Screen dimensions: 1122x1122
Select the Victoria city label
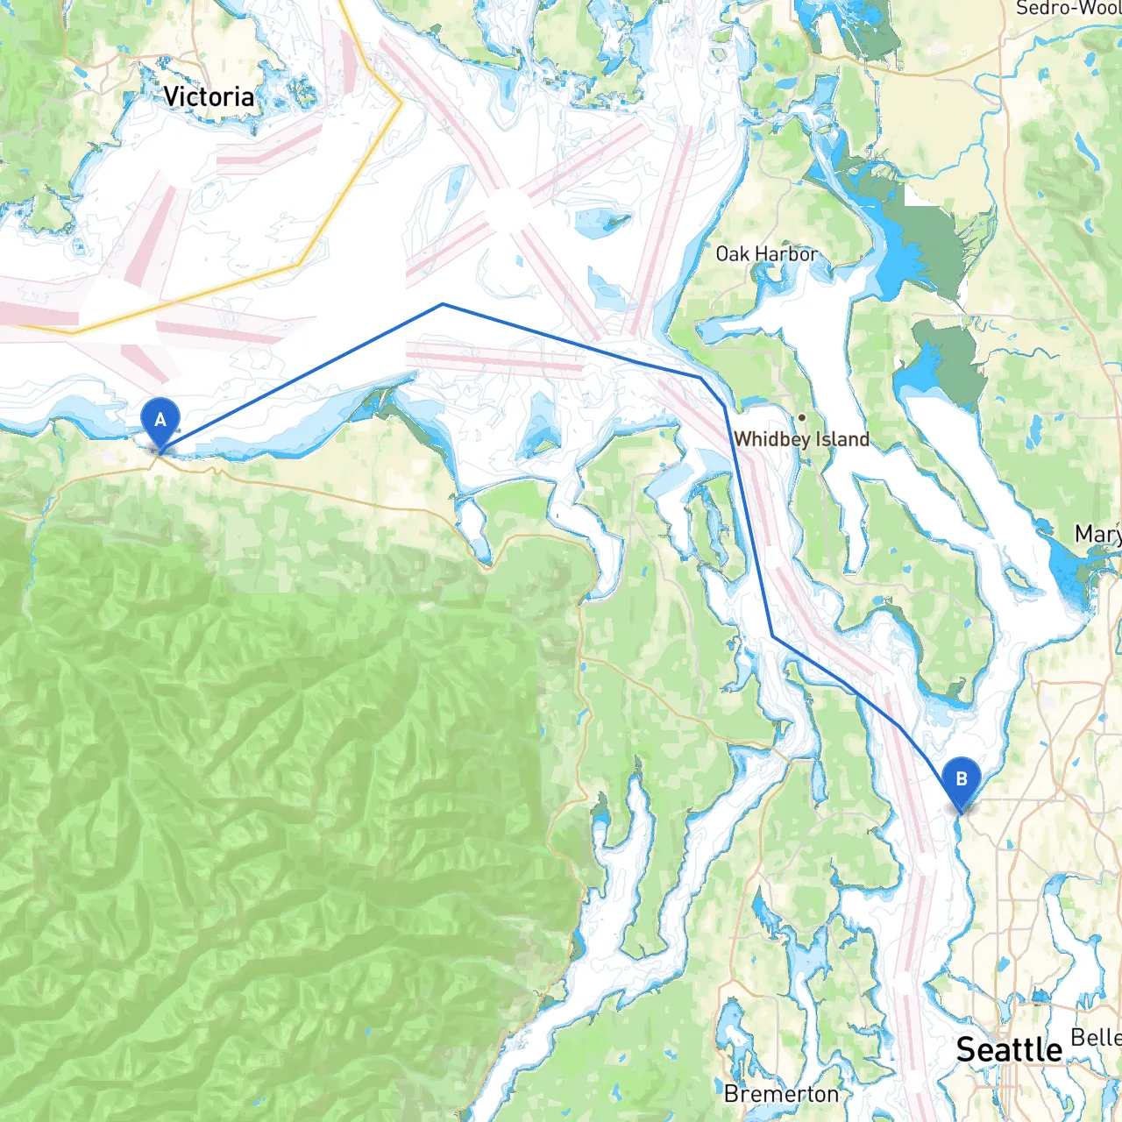(209, 96)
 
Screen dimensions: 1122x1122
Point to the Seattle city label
(1008, 1050)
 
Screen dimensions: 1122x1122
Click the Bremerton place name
(781, 1095)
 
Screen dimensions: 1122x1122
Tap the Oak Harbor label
(766, 254)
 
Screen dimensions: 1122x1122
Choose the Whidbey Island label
(801, 439)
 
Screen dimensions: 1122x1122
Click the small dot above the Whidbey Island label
(801, 417)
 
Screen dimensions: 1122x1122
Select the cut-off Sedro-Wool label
(1068, 9)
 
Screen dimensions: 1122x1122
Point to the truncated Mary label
(1097, 534)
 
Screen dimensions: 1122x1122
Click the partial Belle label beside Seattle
(1096, 1038)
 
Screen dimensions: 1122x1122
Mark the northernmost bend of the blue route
(443, 304)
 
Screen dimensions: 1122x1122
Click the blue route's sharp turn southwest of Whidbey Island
(772, 636)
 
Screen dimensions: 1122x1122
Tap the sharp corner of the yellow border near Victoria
(401, 103)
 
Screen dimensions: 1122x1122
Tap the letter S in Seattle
(966, 1050)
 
